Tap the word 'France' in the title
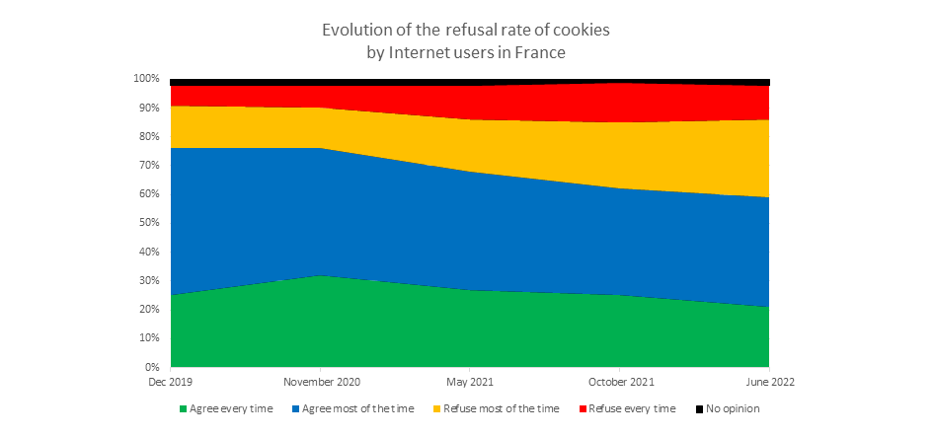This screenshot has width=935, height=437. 538,52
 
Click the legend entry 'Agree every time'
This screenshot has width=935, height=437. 231,408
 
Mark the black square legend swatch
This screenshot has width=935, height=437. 699,408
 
